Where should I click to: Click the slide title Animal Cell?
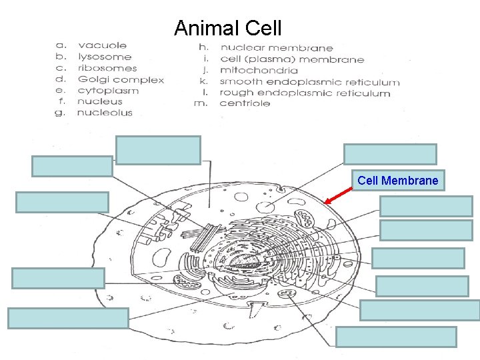tap(228, 29)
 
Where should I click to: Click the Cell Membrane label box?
tap(398, 181)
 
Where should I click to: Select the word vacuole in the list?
tap(102, 45)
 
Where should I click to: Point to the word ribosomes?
tap(107, 68)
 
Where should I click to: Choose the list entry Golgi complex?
tap(121, 79)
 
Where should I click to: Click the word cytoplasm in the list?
tap(108, 91)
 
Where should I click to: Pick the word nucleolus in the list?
tap(105, 113)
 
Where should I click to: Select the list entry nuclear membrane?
tap(276, 48)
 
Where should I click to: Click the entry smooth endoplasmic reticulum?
tap(309, 82)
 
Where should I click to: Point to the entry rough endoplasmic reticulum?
tap(305, 93)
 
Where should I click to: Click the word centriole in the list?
tap(245, 103)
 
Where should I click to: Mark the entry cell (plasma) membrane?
tap(292, 59)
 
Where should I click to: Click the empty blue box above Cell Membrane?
tap(390, 154)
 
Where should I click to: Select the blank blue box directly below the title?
tap(158, 150)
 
